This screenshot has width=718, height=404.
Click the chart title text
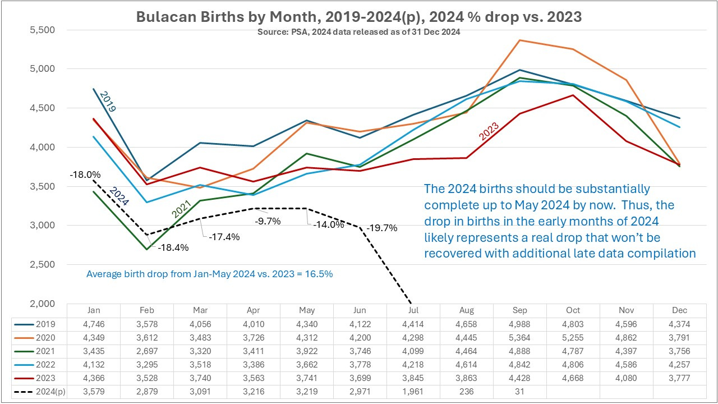pos(359,17)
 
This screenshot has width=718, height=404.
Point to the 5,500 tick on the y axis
pos(48,30)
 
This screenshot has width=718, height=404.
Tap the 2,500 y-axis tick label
pos(48,265)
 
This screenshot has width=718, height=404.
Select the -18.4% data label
pos(173,247)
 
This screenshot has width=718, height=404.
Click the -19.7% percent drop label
pos(382,228)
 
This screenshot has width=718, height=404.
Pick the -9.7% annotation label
pos(268,221)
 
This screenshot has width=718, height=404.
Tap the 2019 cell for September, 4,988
pos(519,324)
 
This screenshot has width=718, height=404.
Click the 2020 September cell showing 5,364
pos(519,338)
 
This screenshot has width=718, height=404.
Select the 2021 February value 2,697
pos(147,351)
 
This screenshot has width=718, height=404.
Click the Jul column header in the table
pos(413,310)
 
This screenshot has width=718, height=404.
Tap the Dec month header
pos(679,310)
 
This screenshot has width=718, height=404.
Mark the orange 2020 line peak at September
pos(519,40)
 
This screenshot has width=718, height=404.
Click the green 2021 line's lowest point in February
pos(147,249)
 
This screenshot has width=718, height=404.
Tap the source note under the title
pos(359,32)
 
